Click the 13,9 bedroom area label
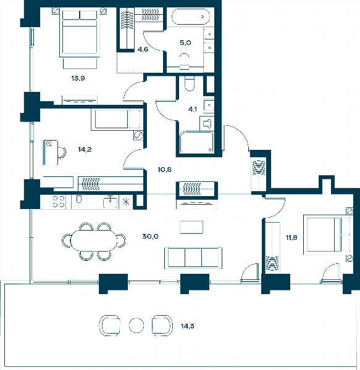pos(78,78)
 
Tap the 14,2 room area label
pos(85,149)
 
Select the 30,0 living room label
pos(150,236)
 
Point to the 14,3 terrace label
pos(187,326)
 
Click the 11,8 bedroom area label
pos(291,237)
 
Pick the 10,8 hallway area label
pos(165,170)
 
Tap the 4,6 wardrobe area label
pos(143,49)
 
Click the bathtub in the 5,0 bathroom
pos(190,17)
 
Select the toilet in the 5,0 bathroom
pos(185,61)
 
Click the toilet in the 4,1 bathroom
pos(190,83)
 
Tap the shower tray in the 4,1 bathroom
pos(196,142)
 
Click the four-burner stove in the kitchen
pos(58,202)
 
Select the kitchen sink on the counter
pos(110,202)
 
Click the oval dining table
pos(94,240)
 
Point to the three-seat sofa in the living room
pos(193,257)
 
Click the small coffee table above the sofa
pos(191,227)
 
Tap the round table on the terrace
pos(136,325)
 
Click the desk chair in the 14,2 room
pos(62,152)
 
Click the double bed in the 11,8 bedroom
pos(328,234)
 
